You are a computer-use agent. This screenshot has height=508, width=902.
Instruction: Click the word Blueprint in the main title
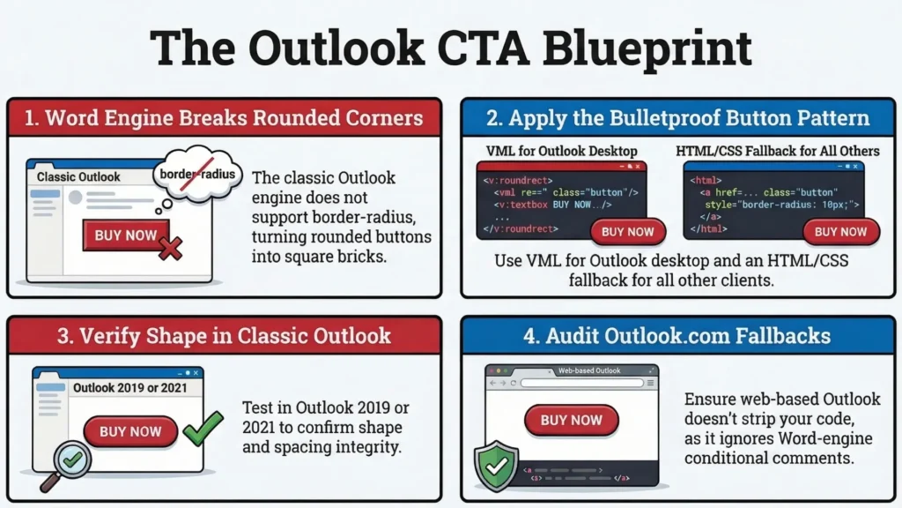tap(647, 49)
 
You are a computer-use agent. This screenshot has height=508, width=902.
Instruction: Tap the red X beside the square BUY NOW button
tap(170, 248)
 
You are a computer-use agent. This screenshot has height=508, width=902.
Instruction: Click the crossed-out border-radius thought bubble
tap(197, 174)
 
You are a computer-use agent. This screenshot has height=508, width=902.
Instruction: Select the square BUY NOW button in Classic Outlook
tap(126, 235)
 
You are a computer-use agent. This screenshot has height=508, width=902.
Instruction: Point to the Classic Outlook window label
tap(78, 176)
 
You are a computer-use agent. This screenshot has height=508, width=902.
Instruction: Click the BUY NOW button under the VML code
tap(627, 232)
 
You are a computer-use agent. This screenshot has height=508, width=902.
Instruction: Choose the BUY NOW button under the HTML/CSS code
tap(840, 232)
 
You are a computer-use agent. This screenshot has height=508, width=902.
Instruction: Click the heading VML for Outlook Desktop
tap(561, 151)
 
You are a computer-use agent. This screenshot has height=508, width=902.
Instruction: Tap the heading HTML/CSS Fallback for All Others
tap(777, 151)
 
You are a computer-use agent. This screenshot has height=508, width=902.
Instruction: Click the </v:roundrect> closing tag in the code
tap(521, 228)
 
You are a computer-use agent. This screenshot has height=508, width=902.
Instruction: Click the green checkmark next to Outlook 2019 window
tap(203, 428)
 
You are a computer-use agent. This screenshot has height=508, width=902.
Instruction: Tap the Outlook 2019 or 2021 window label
tap(130, 388)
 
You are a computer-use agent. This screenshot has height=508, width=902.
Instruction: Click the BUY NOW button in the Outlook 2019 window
tap(130, 431)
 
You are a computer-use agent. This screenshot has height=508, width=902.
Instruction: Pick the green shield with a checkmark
tap(497, 466)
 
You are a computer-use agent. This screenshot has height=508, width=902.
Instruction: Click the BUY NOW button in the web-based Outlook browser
tap(571, 420)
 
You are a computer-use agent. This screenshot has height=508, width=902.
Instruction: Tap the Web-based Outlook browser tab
tap(589, 371)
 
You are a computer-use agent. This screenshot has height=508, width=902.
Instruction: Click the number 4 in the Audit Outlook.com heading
tap(529, 336)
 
